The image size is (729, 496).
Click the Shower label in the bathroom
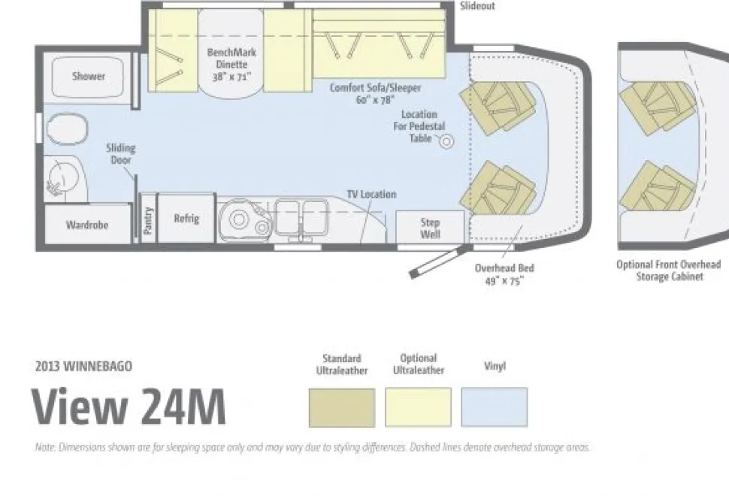tap(89, 76)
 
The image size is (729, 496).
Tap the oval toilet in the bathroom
tap(68, 129)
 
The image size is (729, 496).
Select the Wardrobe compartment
tap(87, 224)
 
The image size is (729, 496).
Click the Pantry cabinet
tap(148, 219)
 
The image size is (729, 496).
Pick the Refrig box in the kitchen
tap(186, 218)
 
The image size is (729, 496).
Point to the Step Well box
tap(430, 227)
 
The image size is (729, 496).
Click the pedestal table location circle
tap(446, 141)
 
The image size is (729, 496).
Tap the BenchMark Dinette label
tap(231, 64)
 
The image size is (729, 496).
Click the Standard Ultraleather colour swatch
tap(342, 407)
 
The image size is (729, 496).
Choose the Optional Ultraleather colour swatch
tap(418, 407)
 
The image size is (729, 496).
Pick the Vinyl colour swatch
tap(495, 407)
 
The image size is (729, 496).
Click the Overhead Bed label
tap(504, 274)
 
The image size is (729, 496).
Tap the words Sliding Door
tap(120, 154)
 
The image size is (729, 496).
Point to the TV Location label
tap(371, 194)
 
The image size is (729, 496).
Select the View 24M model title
tap(129, 407)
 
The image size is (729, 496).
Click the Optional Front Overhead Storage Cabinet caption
tap(669, 270)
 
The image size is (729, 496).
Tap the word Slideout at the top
tap(477, 6)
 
